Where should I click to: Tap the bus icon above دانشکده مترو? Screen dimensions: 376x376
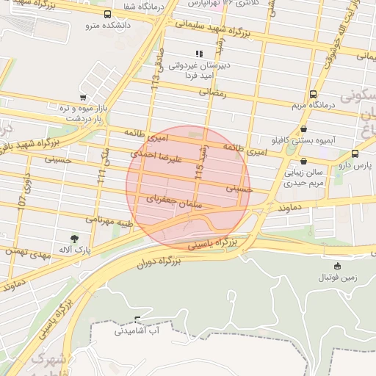click(x=108, y=14)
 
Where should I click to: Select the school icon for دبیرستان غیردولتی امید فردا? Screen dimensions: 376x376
click(x=198, y=54)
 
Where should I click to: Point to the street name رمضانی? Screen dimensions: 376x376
click(x=213, y=93)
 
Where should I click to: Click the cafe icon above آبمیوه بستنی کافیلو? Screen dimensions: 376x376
click(x=304, y=129)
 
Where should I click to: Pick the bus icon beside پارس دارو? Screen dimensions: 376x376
click(x=355, y=153)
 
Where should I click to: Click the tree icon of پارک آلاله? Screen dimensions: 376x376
click(x=74, y=238)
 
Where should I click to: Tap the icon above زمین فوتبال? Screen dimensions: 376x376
click(x=337, y=266)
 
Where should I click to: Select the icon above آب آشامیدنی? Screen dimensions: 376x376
click(x=137, y=319)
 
